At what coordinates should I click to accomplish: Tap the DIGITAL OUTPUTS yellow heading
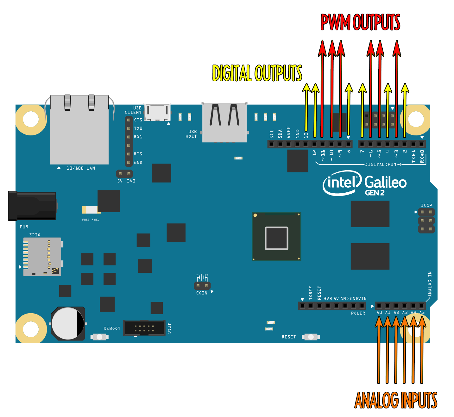click(x=257, y=73)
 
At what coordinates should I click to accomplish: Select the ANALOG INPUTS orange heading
click(x=396, y=400)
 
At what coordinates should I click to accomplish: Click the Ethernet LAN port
click(x=79, y=130)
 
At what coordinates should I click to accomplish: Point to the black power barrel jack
click(x=32, y=206)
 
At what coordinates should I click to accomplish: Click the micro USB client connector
click(x=157, y=112)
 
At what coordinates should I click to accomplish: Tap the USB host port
click(x=224, y=123)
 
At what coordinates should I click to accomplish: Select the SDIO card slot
click(x=42, y=257)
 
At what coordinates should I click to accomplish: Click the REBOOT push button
click(x=99, y=337)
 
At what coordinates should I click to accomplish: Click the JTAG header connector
click(x=144, y=328)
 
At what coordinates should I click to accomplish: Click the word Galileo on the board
click(x=385, y=183)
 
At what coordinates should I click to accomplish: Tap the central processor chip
click(x=276, y=236)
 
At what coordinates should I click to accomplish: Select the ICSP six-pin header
click(x=426, y=220)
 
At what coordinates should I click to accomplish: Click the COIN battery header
click(x=202, y=286)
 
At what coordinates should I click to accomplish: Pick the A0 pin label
click(x=379, y=313)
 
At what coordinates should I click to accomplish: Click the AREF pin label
click(x=289, y=132)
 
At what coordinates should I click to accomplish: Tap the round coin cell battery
click(x=68, y=324)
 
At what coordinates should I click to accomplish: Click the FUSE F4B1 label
click(x=91, y=220)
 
